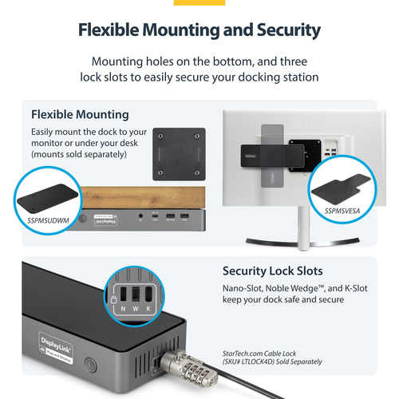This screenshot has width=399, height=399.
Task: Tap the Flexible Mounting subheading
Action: click(80, 114)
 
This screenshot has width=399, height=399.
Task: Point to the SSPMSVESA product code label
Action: click(343, 211)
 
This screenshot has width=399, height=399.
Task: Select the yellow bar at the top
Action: click(199, 2)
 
